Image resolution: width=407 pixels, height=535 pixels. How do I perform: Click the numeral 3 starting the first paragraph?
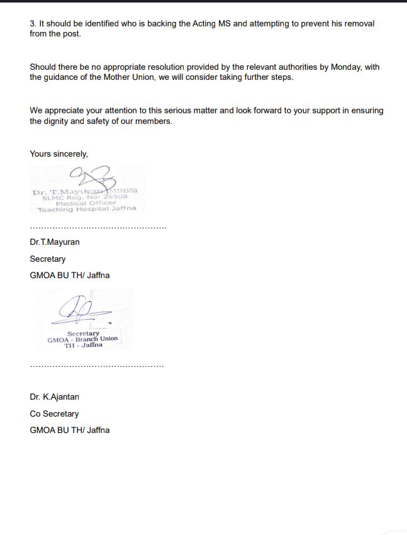pos(32,23)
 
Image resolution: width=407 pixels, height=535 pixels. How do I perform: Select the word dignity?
pos(58,121)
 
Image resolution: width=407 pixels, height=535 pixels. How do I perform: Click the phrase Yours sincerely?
pos(59,154)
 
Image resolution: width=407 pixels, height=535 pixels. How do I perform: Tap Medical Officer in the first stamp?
pos(86,203)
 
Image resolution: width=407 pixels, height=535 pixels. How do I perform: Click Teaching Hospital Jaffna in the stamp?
pos(86,209)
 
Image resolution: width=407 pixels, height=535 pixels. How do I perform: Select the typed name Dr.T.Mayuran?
pos(55,242)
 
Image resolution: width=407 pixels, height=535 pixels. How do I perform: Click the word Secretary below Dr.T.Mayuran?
pos(47,259)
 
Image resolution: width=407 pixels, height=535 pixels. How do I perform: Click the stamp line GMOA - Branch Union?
pos(82,339)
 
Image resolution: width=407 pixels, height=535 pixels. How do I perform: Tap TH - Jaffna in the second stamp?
pos(82,345)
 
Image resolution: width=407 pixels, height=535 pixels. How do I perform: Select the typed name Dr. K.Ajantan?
pos(54,397)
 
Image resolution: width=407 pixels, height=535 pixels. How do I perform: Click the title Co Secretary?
pos(54,414)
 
